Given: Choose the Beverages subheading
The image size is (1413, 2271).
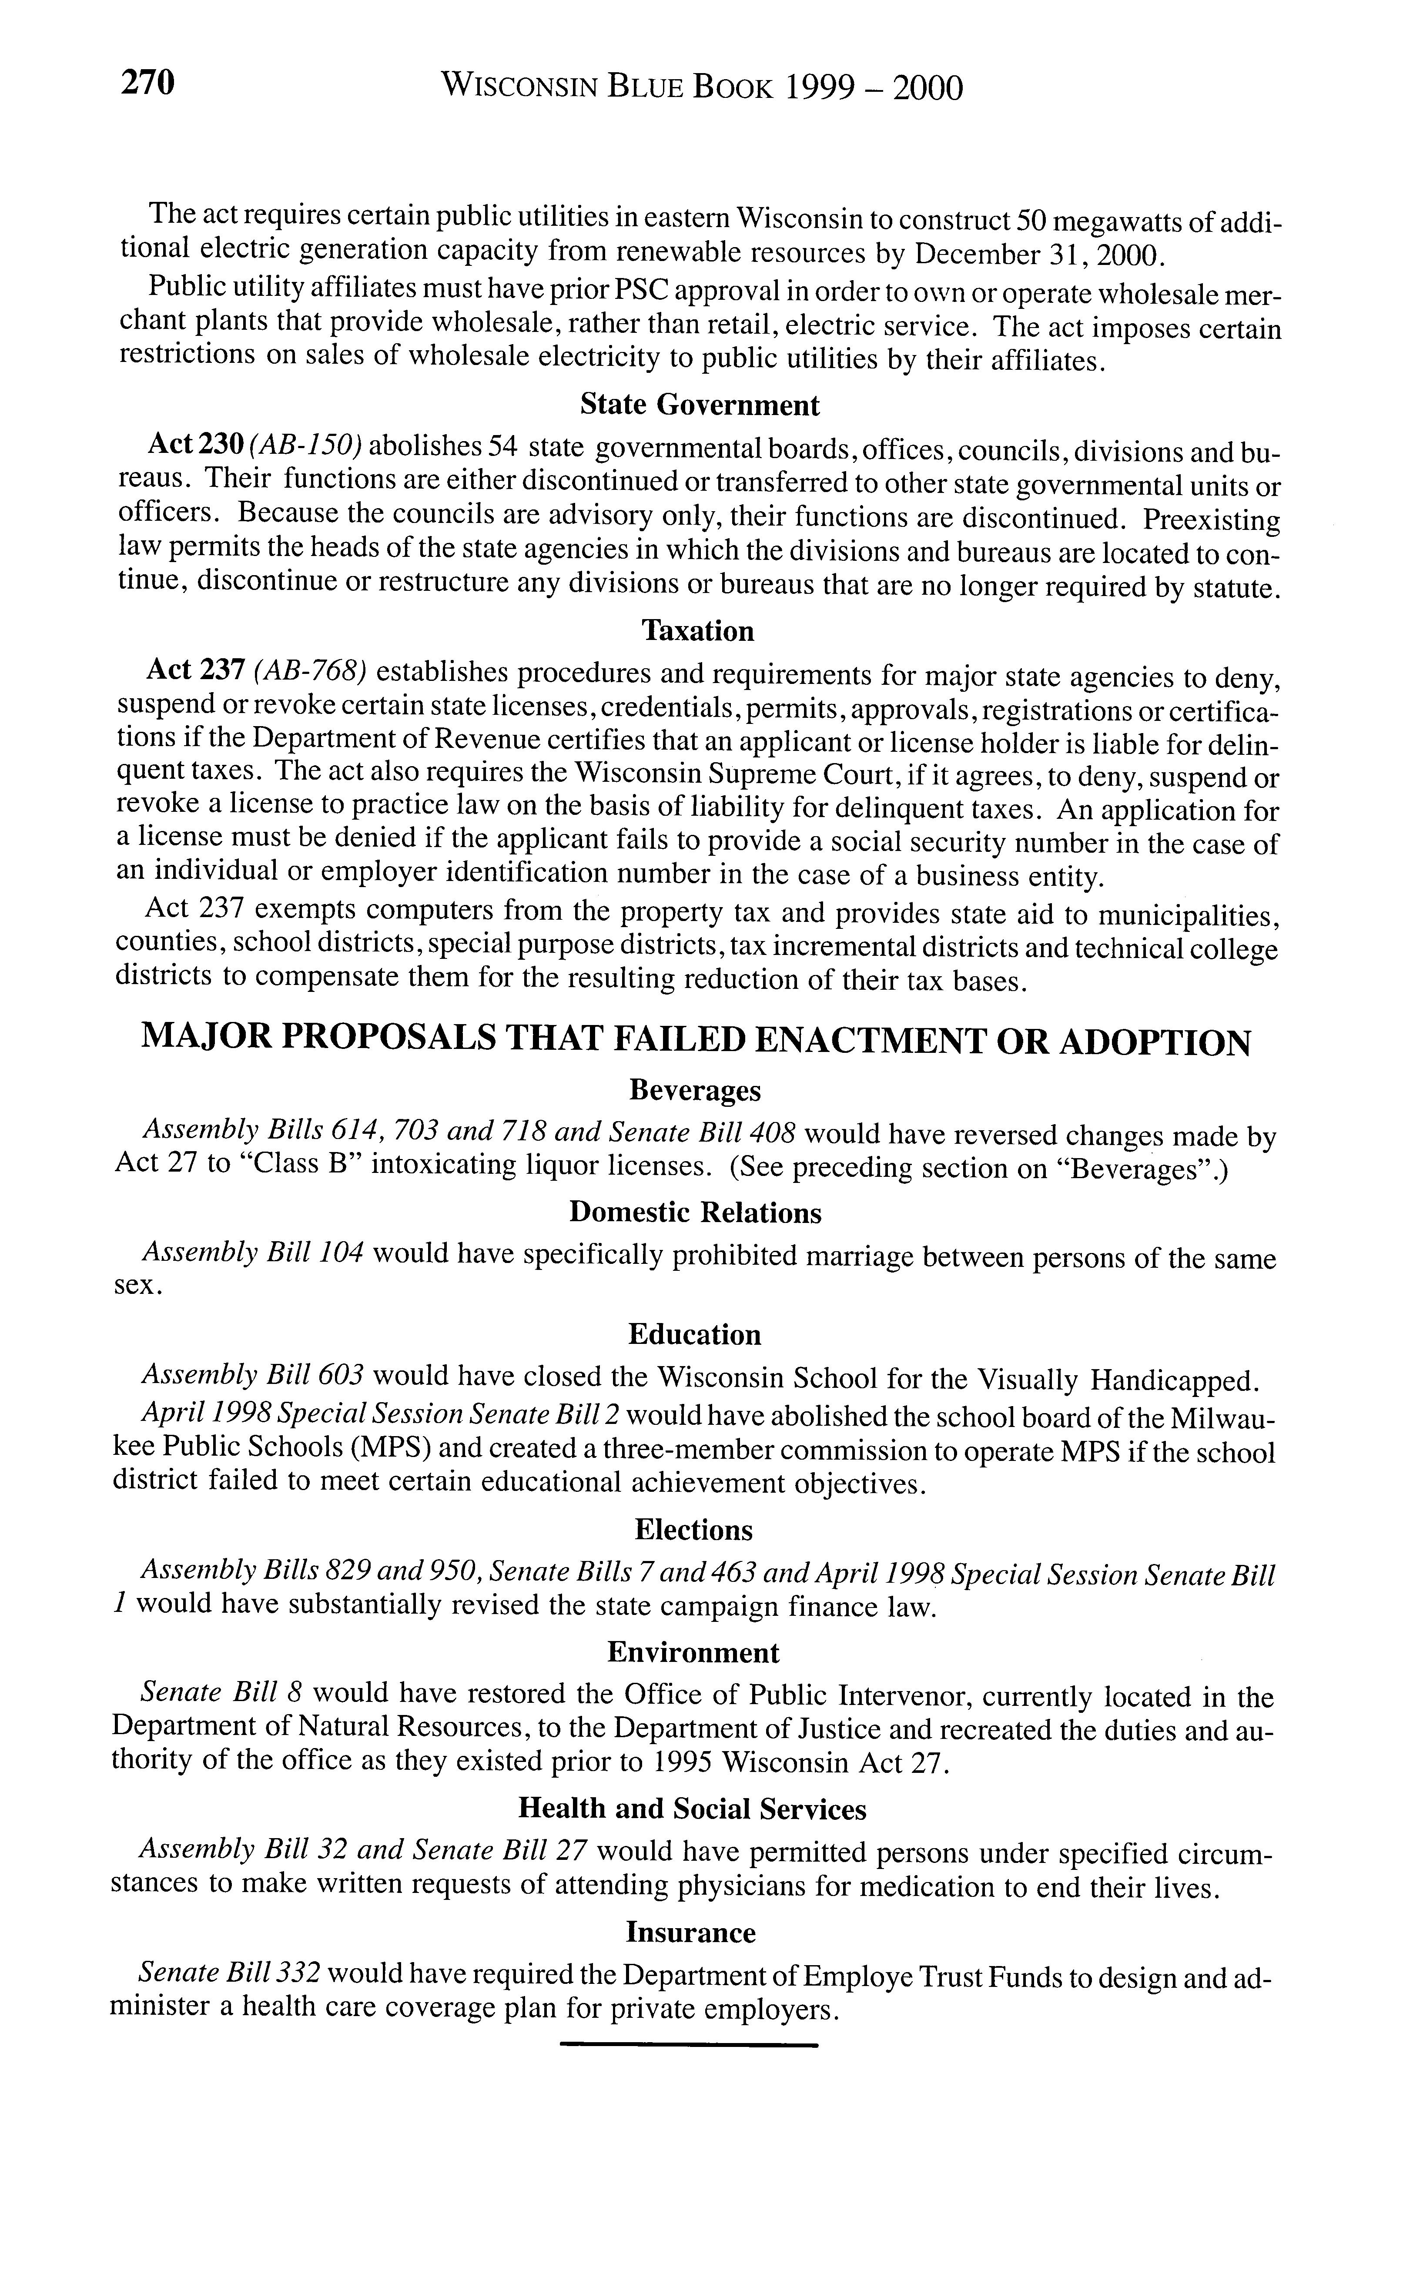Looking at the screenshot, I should [695, 1090].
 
